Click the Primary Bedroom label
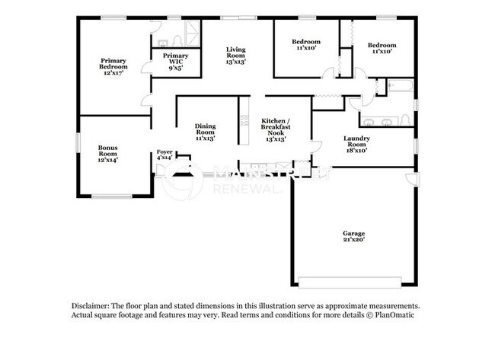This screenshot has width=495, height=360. pyautogui.click(x=112, y=64)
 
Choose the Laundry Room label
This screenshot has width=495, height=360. pyautogui.click(x=356, y=142)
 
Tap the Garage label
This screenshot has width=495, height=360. pyautogui.click(x=353, y=233)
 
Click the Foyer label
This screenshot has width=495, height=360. pyautogui.click(x=164, y=152)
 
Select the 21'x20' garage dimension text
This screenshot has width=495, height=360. pyautogui.click(x=353, y=240)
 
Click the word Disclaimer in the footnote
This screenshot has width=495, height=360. pyautogui.click(x=90, y=304)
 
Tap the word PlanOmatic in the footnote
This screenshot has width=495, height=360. pyautogui.click(x=395, y=314)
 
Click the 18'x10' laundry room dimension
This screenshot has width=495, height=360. pyautogui.click(x=356, y=151)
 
